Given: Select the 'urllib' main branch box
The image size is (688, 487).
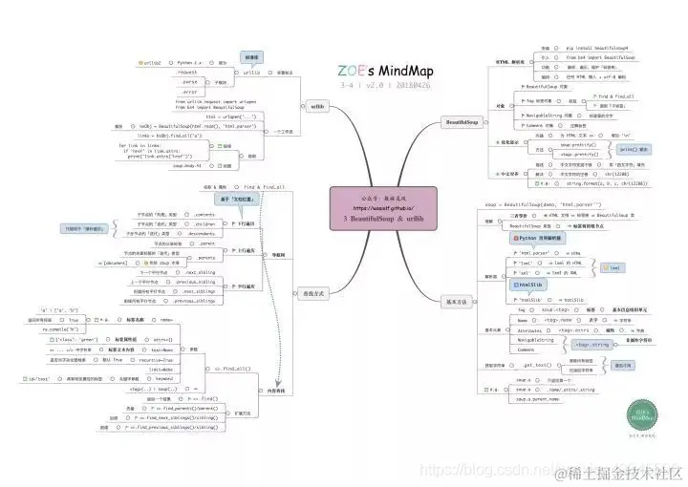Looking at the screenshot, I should click(317, 106).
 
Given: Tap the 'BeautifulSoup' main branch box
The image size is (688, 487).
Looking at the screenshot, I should click(467, 122).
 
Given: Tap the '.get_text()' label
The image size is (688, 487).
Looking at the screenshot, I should click(541, 365).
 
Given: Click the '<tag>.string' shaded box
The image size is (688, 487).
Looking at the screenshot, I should click(593, 344).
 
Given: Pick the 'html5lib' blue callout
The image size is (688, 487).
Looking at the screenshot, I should click(530, 286).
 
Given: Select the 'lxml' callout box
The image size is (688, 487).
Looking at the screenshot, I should click(615, 268).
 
